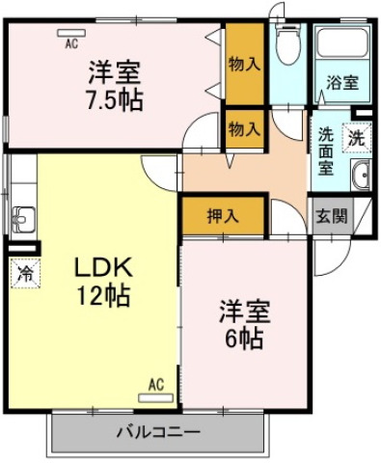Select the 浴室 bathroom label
click(342, 82)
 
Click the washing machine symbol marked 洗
click(357, 138)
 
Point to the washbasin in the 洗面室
click(362, 175)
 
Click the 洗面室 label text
click(326, 151)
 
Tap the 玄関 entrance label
click(332, 216)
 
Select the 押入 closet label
click(223, 216)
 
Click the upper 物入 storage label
click(244, 65)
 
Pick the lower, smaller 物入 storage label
click(244, 129)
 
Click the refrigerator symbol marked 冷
click(25, 273)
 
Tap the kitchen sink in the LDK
click(23, 219)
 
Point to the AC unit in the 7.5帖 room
click(71, 33)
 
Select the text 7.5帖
click(114, 100)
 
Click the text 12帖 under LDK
click(103, 295)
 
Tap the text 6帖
click(244, 338)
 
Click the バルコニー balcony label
click(158, 431)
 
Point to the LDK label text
click(103, 267)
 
